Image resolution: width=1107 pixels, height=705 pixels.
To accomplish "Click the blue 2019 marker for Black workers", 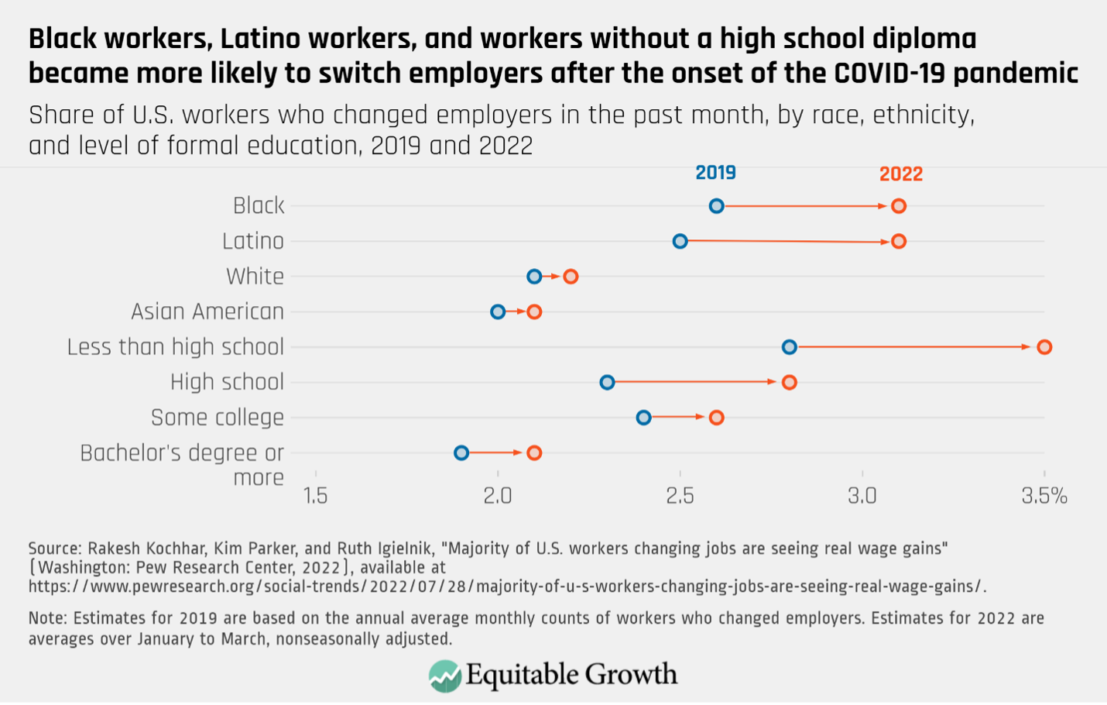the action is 716,206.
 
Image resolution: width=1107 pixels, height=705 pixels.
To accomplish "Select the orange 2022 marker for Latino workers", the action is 899,242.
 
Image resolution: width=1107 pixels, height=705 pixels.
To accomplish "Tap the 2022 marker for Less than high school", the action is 1044,347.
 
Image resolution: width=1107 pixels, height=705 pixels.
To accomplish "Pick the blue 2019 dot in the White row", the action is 534,276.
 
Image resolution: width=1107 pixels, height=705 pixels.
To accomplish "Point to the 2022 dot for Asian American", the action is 534,311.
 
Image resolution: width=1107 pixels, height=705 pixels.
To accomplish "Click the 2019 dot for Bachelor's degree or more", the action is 461,452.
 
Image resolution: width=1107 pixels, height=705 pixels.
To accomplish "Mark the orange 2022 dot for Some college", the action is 717,418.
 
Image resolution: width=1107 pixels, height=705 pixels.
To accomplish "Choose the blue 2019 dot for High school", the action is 607,382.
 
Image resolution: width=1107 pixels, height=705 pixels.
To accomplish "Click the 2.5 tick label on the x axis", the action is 680,496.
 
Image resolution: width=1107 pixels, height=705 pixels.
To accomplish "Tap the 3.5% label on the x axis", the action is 1044,496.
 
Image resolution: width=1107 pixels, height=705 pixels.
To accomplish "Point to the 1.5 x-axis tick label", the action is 315,496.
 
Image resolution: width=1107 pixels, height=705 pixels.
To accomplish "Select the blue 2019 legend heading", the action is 715,173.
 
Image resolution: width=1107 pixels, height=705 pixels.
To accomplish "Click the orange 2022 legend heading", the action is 901,174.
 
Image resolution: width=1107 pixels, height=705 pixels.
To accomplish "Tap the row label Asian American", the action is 207,311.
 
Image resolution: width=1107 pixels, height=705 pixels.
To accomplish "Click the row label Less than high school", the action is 176,347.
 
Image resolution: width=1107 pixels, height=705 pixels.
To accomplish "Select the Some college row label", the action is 218,418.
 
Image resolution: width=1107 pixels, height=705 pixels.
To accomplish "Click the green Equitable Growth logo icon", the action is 445,676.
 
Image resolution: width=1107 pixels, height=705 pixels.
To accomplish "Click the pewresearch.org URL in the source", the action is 507,586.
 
